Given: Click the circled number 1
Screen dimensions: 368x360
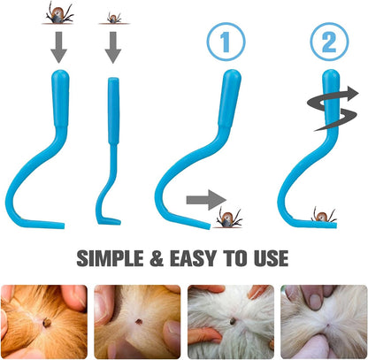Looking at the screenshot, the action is pos(226,42).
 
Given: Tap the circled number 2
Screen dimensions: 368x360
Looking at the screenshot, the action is pos(330,42).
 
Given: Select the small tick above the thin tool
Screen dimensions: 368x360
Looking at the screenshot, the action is pos(113,18).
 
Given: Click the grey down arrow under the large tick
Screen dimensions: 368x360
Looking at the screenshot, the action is pos(59,47).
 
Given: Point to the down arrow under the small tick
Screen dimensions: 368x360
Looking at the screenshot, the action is pos(113,47).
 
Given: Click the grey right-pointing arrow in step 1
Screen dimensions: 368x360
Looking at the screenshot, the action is pos(206,200).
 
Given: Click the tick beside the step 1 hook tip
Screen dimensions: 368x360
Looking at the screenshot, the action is pos(228,218).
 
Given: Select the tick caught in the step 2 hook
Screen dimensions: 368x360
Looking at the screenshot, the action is pos(323,215).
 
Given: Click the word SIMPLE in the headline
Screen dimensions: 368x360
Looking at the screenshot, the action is pos(110,258).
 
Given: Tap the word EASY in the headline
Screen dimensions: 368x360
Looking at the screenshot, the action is pos(193,258).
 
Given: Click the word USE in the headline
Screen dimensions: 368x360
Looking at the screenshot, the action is pos(271,258).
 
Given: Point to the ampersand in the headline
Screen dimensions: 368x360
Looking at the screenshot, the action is pos(157,258).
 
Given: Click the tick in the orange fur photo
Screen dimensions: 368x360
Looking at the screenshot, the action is pos(47,323).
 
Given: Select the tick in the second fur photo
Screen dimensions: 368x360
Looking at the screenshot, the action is pos(137,321).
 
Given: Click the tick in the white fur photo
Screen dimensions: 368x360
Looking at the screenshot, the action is pos(233,320).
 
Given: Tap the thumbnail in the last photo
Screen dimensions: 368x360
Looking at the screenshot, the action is pos(315,301).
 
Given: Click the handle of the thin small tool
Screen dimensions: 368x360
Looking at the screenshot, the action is pos(113,111).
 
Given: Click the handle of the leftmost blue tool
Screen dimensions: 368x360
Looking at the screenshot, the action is pos(61,99).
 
